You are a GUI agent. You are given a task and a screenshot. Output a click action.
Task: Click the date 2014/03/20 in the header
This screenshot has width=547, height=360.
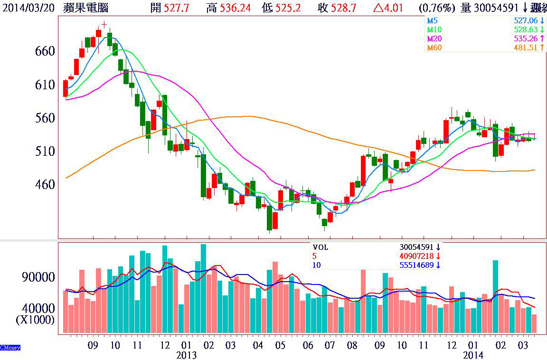tap(28, 8)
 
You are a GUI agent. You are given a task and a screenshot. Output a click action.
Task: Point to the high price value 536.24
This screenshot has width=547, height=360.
tap(235, 8)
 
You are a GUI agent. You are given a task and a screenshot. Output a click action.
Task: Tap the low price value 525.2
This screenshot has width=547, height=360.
tap(289, 8)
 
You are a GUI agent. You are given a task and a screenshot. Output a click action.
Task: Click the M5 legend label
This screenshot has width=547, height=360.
tap(432, 21)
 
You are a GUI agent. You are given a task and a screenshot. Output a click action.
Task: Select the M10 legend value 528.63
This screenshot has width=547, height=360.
tap(525, 30)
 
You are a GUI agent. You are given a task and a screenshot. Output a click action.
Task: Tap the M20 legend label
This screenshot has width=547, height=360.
tap(434, 38)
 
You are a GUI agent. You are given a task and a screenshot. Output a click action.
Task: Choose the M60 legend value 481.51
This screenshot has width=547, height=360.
tap(525, 47)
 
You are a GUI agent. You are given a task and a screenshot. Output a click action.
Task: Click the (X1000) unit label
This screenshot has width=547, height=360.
tap(35, 320)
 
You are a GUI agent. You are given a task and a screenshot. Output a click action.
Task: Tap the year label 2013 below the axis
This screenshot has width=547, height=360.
tap(186, 355)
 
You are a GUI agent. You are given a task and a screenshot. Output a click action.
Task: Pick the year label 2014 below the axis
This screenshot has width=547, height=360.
tap(473, 355)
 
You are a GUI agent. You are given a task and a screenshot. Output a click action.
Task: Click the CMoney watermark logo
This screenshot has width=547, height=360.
tap(10, 348)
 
